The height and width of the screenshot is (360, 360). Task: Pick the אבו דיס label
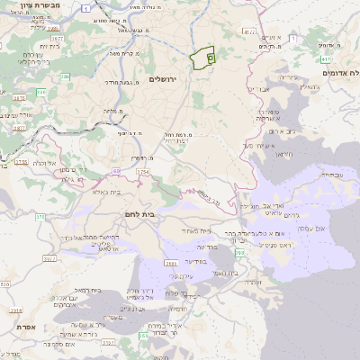click(257, 90)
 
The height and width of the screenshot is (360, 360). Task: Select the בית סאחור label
click(195, 230)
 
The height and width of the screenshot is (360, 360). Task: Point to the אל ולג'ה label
click(45, 163)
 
